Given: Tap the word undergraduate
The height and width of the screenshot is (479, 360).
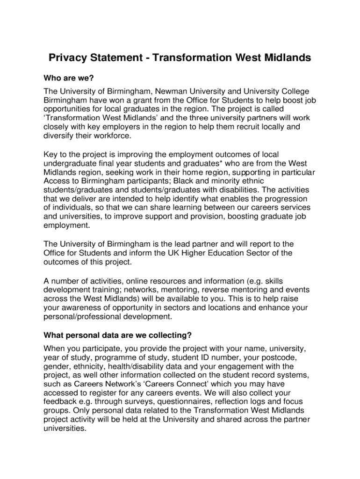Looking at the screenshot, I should coord(70,163).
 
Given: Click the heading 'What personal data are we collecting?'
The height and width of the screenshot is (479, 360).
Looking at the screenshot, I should coord(117,335).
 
